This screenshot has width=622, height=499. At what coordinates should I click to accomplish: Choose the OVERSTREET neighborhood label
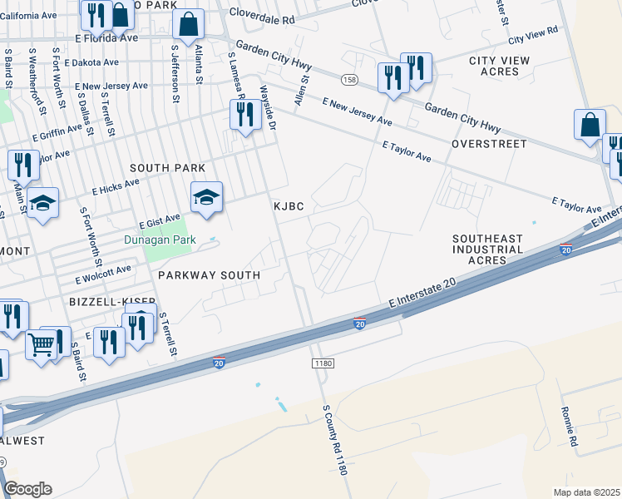(489, 144)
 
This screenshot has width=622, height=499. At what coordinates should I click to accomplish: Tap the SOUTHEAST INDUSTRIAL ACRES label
(488, 249)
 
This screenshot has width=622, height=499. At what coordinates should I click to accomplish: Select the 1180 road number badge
(323, 364)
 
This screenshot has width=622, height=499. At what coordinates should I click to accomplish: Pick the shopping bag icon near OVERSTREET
(590, 125)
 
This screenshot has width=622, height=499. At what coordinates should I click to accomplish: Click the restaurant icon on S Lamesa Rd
(244, 116)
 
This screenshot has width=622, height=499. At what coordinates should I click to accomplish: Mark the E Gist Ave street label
(160, 221)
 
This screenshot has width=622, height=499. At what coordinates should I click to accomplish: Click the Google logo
(27, 489)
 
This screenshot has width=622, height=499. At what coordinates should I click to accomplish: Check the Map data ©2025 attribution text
(586, 492)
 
